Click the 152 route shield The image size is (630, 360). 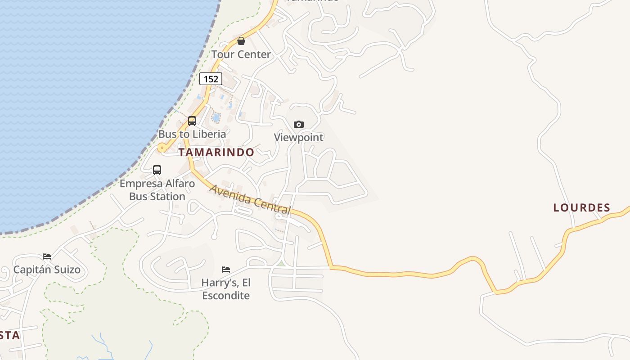(x=211, y=79)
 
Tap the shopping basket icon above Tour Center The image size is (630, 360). (x=241, y=41)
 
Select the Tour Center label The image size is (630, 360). (x=241, y=54)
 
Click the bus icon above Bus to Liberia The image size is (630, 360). (x=192, y=121)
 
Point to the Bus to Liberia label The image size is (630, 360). (x=192, y=134)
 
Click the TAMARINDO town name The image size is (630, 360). (x=216, y=152)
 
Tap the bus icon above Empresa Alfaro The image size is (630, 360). (x=157, y=170)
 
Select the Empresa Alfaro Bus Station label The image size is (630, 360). (x=157, y=190)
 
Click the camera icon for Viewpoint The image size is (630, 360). (x=299, y=124)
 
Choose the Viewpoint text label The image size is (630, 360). (x=299, y=137)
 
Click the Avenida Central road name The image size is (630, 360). (x=250, y=199)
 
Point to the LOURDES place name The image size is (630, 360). (x=582, y=207)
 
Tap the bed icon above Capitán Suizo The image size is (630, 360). (x=47, y=256)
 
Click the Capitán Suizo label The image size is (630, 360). (x=47, y=270)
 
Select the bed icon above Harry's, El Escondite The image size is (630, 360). (x=226, y=270)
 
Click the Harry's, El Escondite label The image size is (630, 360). (x=226, y=289)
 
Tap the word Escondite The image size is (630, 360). (x=226, y=296)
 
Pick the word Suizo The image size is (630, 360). (x=66, y=270)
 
